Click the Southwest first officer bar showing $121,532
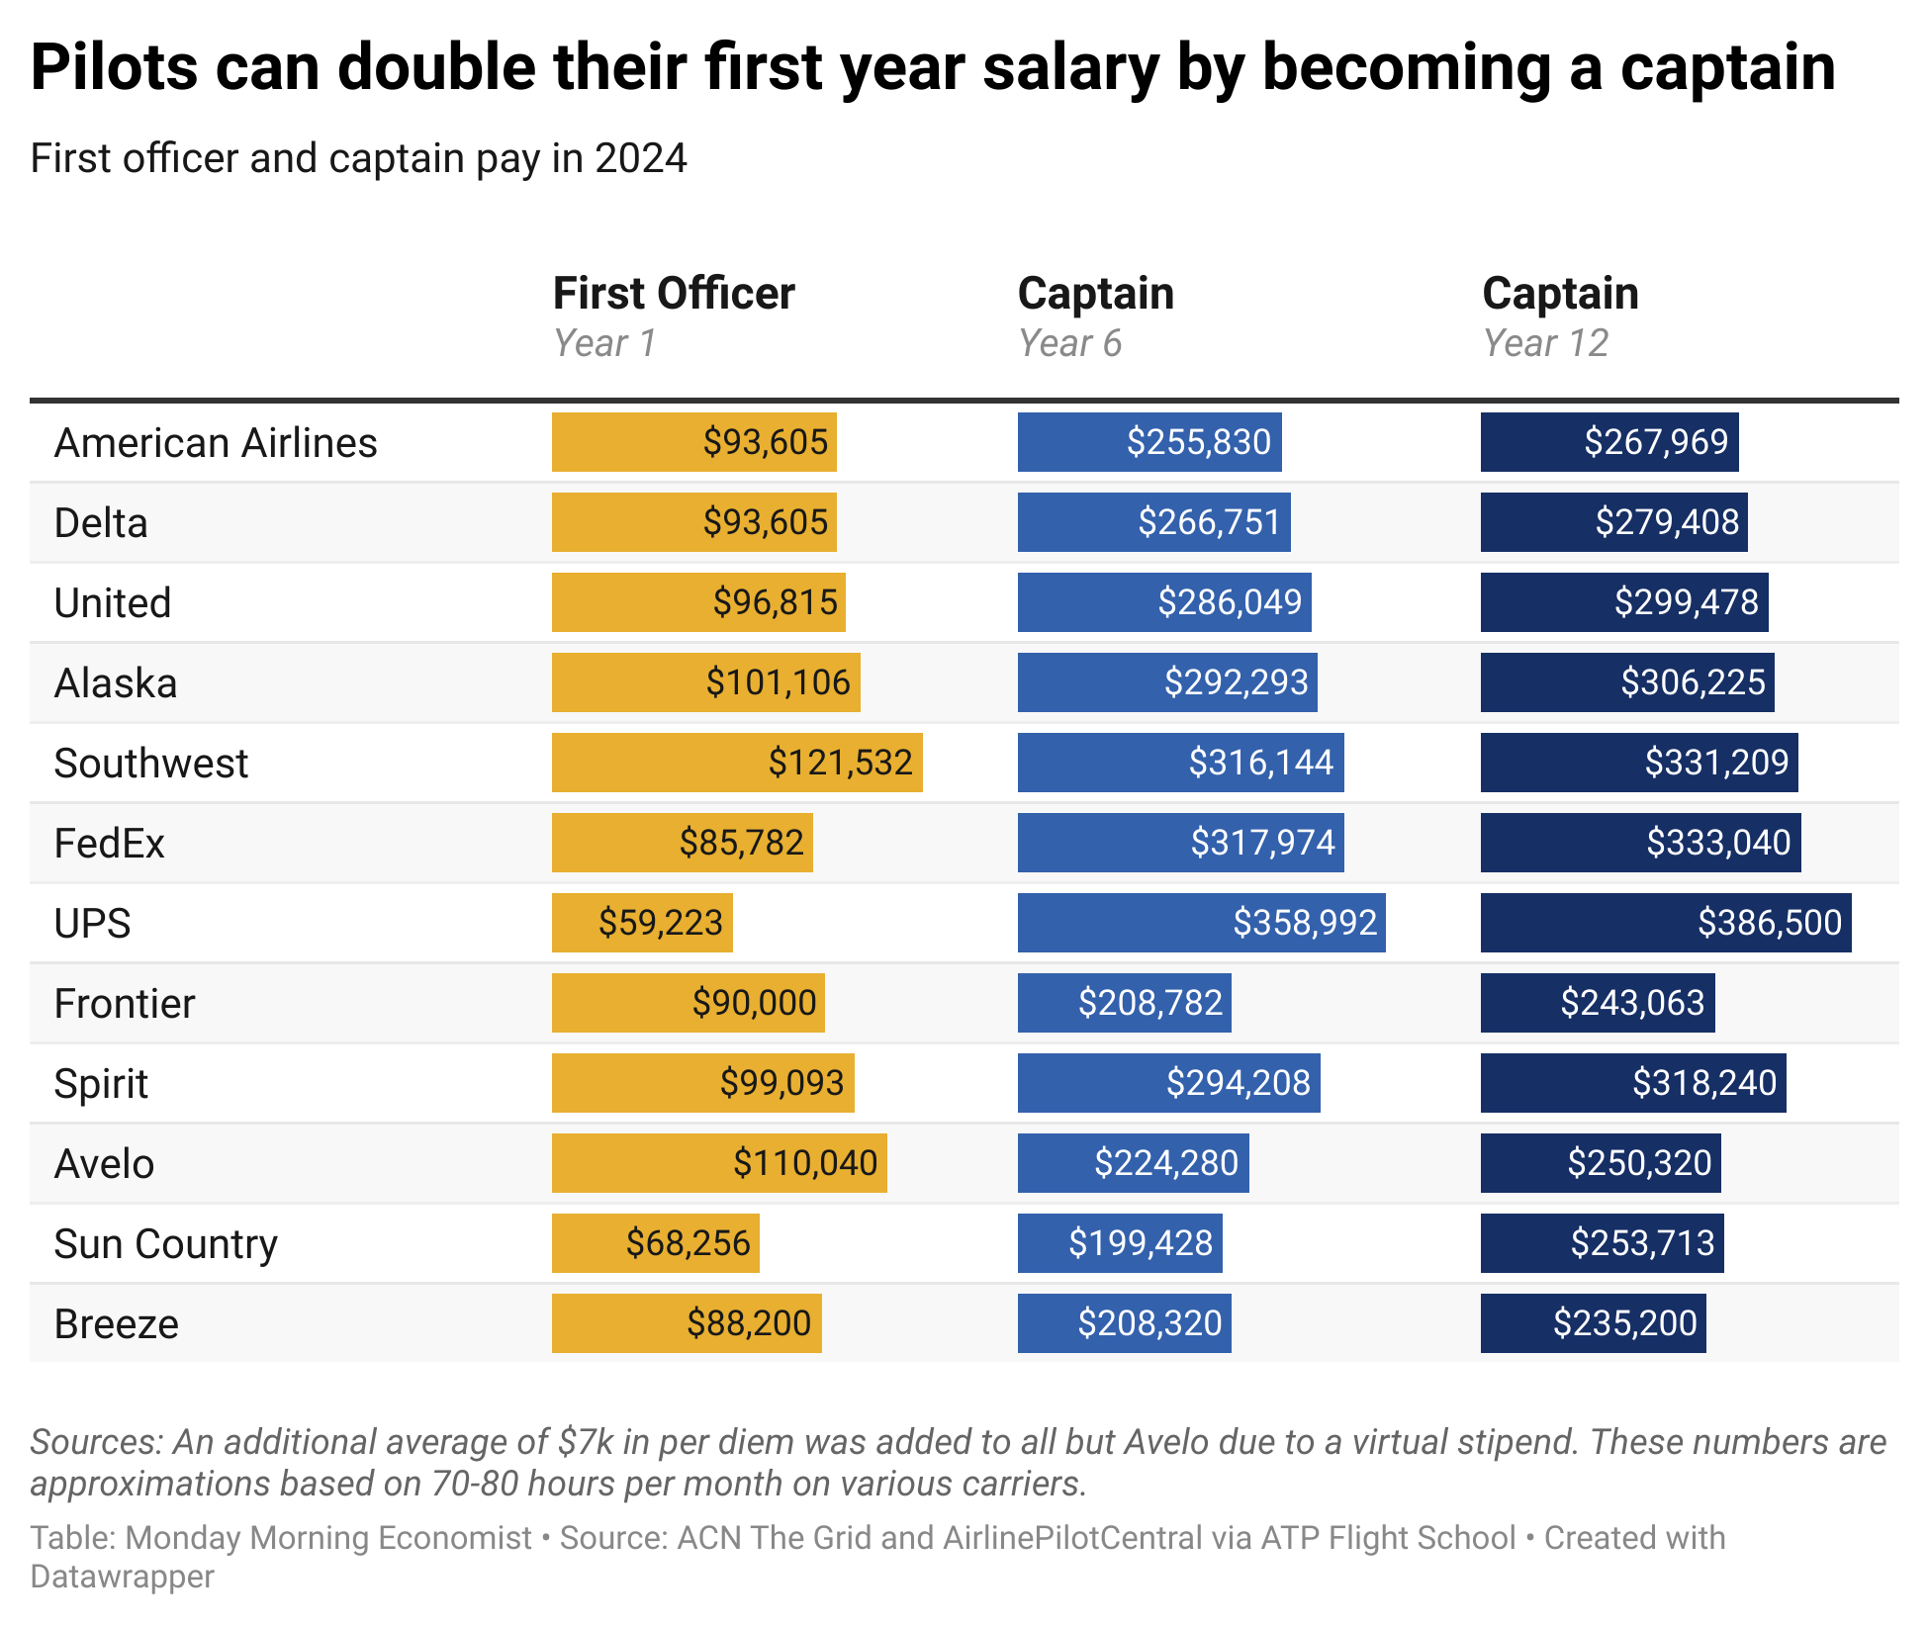(737, 763)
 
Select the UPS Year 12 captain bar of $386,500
(1665, 923)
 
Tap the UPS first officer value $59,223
(660, 923)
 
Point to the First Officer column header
(673, 294)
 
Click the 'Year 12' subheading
(1545, 344)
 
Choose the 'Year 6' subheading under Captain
(1069, 344)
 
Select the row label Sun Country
(165, 1244)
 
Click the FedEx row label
(109, 844)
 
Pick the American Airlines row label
(216, 443)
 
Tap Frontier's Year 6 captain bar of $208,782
(1124, 1003)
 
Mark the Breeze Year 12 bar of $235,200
(1593, 1323)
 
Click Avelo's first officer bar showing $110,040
(719, 1163)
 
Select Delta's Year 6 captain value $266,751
(1208, 522)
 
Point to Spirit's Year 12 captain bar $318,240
(1632, 1083)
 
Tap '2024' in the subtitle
(640, 158)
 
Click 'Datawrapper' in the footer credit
(122, 1577)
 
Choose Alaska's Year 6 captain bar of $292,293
(1167, 682)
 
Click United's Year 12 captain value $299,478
(1686, 602)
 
